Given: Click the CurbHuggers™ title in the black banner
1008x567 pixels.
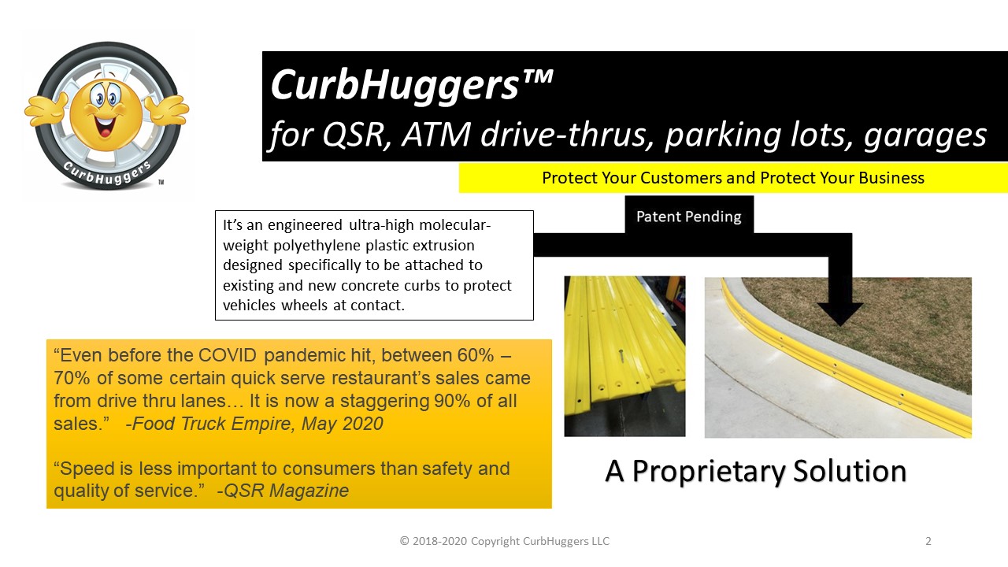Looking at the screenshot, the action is tap(412, 86).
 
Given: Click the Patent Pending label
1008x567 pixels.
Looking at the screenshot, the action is tap(688, 217).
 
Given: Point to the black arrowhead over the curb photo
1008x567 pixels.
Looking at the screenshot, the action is tap(839, 314).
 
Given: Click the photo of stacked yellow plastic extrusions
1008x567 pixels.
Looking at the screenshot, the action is tap(624, 356).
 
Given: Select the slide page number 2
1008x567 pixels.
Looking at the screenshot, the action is tap(928, 541).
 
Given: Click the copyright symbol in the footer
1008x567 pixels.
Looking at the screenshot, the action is tap(404, 541).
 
